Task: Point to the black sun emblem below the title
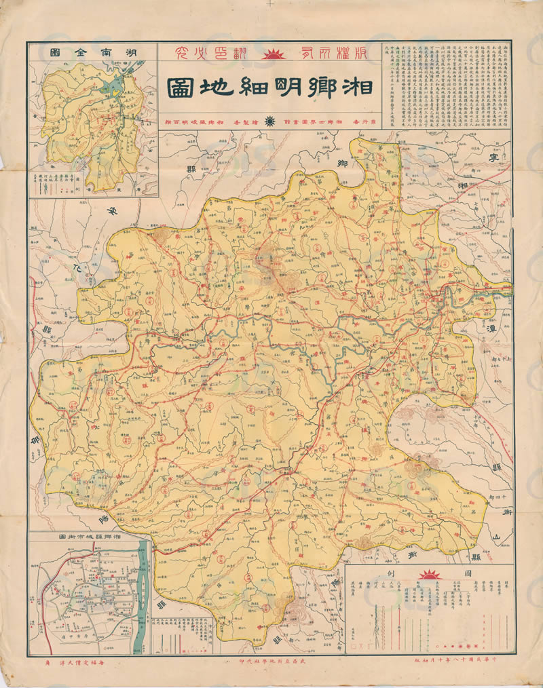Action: (270, 121)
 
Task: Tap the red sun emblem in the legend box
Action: (428, 575)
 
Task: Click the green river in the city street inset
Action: (143, 597)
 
